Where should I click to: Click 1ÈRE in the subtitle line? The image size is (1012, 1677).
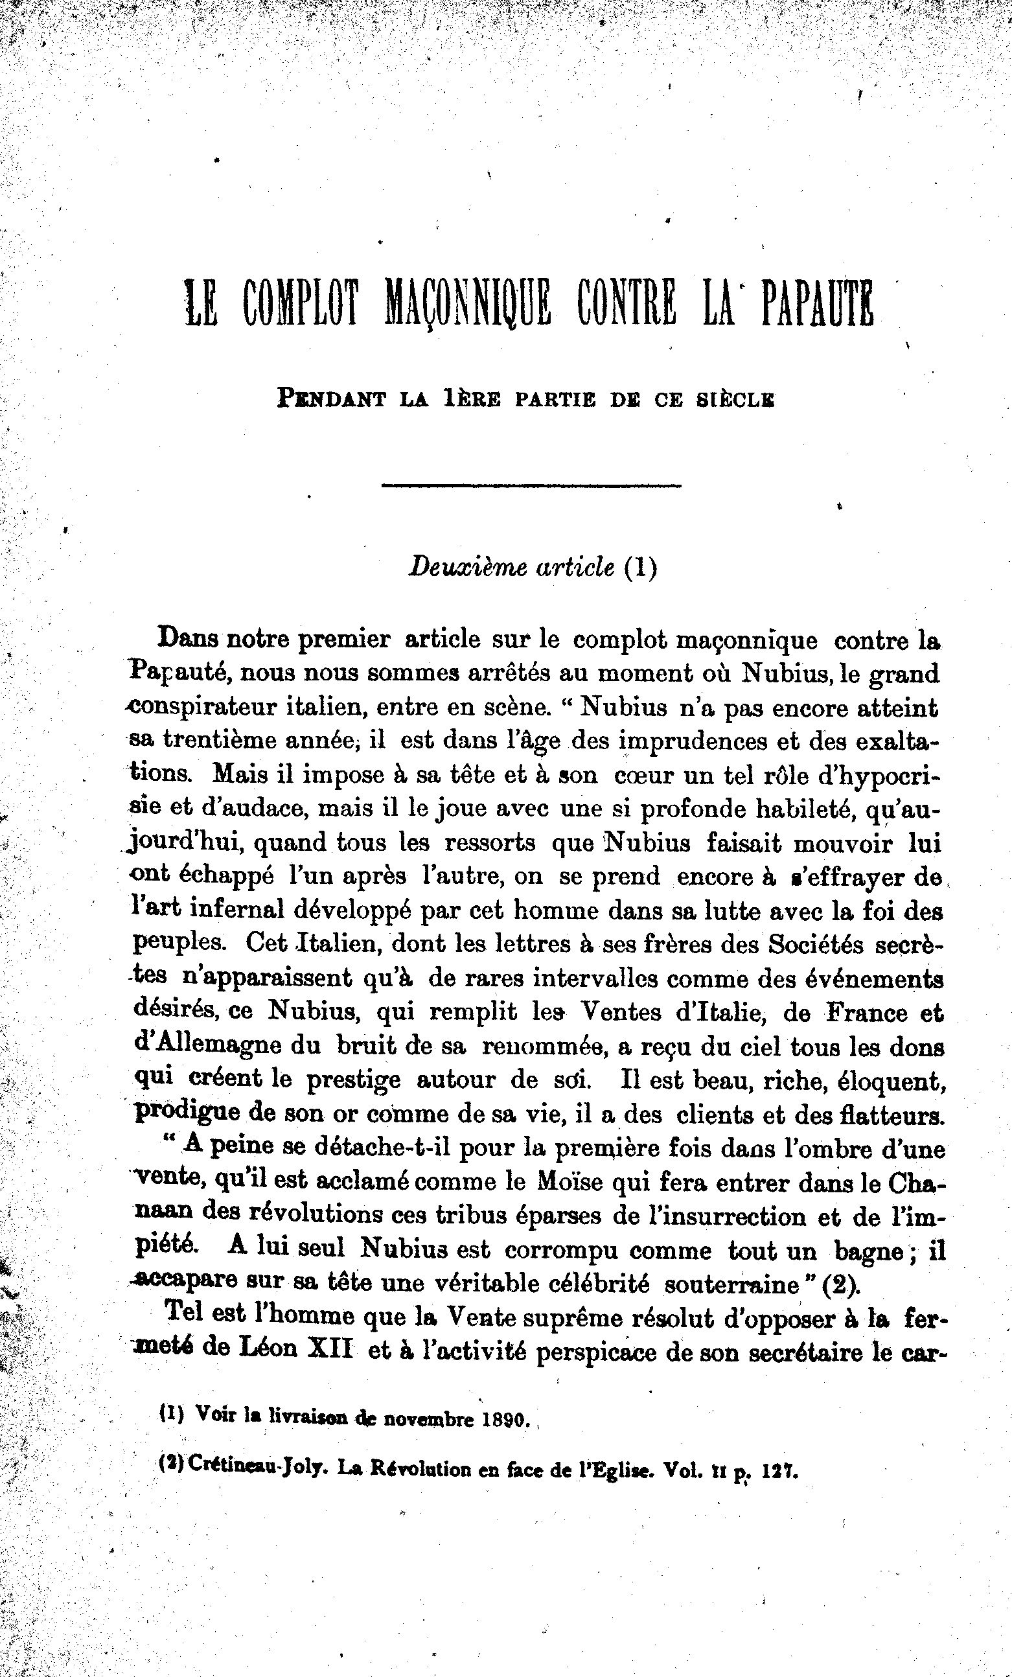(471, 399)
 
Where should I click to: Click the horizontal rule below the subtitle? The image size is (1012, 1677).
(531, 485)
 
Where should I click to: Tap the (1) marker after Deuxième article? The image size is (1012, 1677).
(640, 568)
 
